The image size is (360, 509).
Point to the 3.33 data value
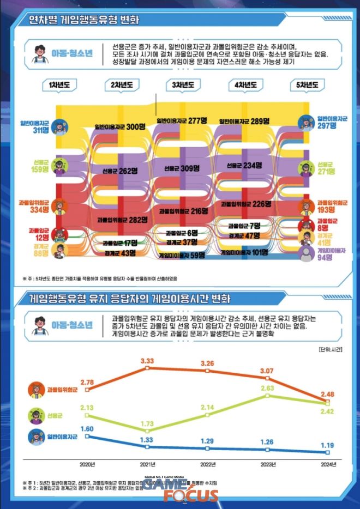(x=147, y=361)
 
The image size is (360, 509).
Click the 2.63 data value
(x=267, y=389)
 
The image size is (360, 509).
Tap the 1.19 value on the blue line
(x=327, y=445)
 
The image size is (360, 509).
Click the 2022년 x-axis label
(x=208, y=464)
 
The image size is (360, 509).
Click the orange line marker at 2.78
(x=87, y=390)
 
